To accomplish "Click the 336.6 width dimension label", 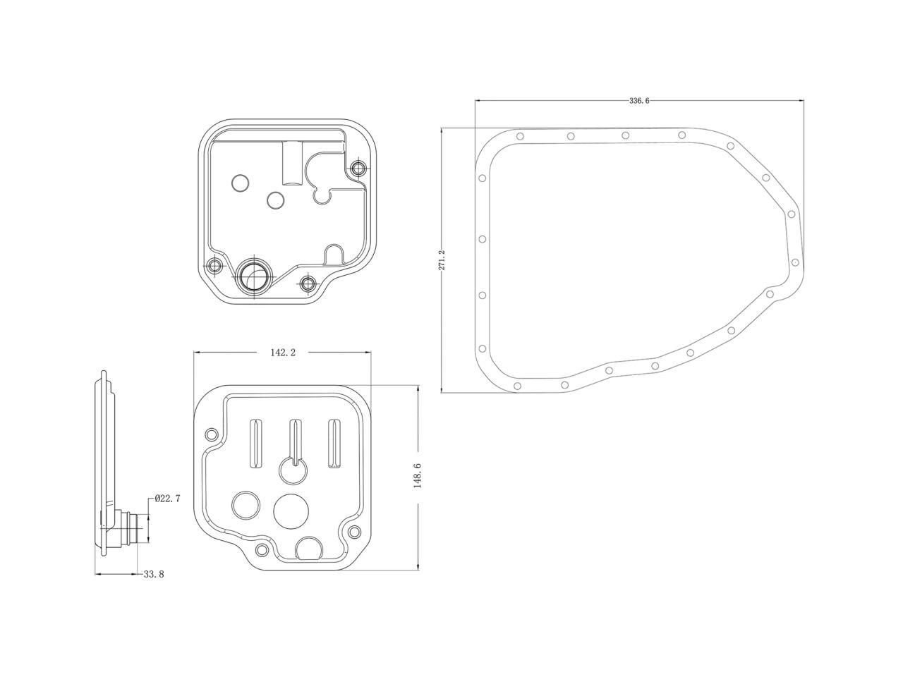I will click(x=638, y=101).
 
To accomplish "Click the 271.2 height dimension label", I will click(x=442, y=260).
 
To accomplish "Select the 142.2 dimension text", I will click(x=282, y=353).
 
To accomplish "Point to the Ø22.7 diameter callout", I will click(x=168, y=499).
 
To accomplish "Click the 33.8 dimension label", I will click(x=153, y=575).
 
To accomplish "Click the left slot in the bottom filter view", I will click(x=255, y=443).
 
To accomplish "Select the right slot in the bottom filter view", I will click(x=333, y=443).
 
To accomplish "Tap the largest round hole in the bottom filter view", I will click(x=291, y=511).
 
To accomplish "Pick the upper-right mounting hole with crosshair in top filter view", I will click(x=359, y=168).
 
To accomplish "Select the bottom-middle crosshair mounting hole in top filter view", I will click(x=307, y=283).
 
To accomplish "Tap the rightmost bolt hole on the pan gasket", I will click(x=794, y=262).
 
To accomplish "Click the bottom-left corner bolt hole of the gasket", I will click(x=518, y=386).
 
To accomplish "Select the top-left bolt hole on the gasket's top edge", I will click(x=519, y=136).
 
